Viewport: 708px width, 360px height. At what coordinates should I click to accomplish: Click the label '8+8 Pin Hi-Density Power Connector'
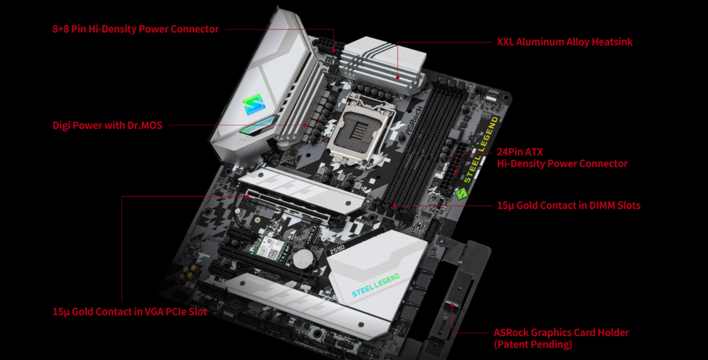(x=135, y=29)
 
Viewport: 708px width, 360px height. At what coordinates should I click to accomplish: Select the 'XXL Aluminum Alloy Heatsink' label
(x=564, y=42)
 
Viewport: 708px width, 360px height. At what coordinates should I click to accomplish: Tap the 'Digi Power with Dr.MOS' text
(x=107, y=126)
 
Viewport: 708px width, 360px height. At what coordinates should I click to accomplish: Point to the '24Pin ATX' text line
(x=520, y=152)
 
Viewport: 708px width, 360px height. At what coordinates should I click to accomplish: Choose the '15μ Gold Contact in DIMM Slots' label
(x=568, y=205)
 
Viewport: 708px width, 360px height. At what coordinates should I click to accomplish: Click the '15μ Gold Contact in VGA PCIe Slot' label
(x=130, y=312)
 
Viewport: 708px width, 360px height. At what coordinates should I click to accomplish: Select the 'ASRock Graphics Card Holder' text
(x=561, y=333)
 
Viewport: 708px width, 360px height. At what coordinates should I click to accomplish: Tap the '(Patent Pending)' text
(x=533, y=345)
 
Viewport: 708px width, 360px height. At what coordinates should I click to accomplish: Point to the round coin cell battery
(x=302, y=258)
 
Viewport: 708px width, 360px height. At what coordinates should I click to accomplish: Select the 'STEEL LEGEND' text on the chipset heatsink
(x=375, y=286)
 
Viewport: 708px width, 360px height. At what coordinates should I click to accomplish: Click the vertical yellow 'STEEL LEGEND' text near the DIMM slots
(x=481, y=149)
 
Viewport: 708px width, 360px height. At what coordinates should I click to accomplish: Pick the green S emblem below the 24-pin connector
(x=461, y=193)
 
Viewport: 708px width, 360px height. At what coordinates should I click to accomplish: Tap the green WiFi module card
(x=269, y=248)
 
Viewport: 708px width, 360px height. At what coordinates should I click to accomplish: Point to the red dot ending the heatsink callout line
(x=398, y=78)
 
